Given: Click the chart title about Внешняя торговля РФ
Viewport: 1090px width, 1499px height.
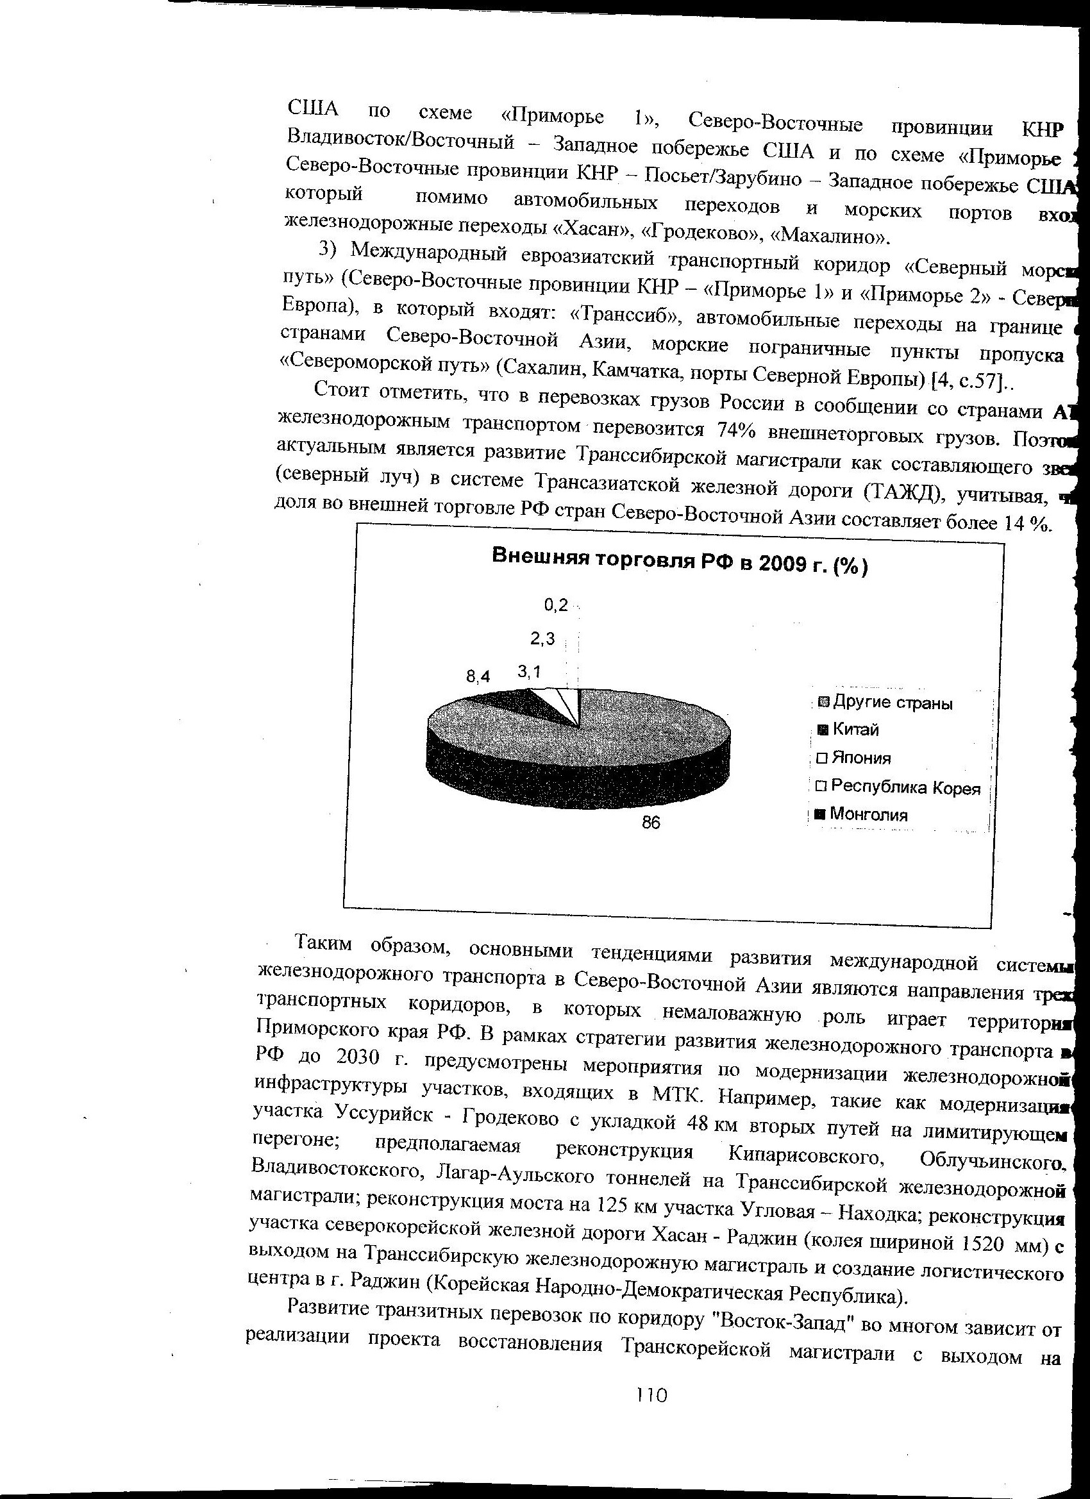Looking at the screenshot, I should tap(680, 562).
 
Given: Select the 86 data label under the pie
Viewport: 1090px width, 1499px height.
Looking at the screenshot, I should tap(651, 822).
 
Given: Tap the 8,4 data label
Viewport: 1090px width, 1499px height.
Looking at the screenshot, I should tap(478, 676).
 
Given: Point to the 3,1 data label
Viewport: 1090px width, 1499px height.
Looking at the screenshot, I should tap(529, 671).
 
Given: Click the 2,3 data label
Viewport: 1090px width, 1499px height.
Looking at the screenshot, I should tap(542, 639).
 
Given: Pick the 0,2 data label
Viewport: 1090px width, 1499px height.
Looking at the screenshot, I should tap(555, 605).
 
